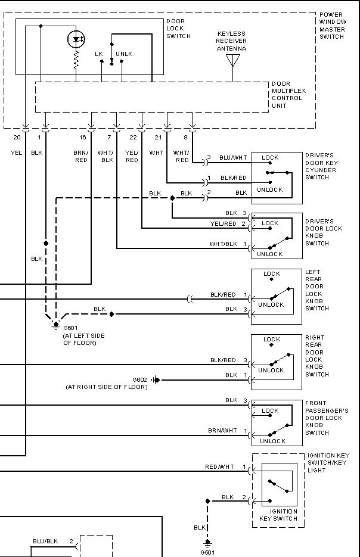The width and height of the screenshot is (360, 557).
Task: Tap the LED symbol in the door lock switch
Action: pos(76,39)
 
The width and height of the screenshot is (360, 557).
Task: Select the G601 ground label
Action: pos(70,328)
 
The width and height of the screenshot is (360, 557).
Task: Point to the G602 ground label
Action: pos(139,379)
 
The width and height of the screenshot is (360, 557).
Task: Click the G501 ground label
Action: pos(207,552)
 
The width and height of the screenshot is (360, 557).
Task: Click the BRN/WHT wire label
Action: pos(222,430)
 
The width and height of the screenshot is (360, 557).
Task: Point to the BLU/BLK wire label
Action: pos(45,541)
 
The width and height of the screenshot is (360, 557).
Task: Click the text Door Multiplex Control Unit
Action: pos(288,95)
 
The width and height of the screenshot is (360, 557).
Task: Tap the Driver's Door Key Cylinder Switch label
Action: pos(321,166)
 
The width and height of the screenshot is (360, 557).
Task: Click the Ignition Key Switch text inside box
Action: pos(278,515)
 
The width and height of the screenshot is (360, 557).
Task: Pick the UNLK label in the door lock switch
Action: pos(124,54)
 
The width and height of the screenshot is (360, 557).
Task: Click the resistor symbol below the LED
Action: pos(76,60)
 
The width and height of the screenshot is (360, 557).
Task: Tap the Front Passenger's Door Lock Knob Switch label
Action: pos(326,418)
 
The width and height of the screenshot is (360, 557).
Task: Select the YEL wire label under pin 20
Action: pos(16,153)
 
